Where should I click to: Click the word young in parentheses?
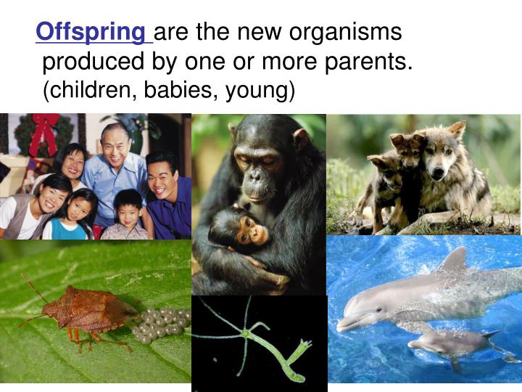pos(257,91)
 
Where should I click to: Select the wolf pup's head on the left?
pos(384,166)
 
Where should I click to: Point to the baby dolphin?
pos(449,341)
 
